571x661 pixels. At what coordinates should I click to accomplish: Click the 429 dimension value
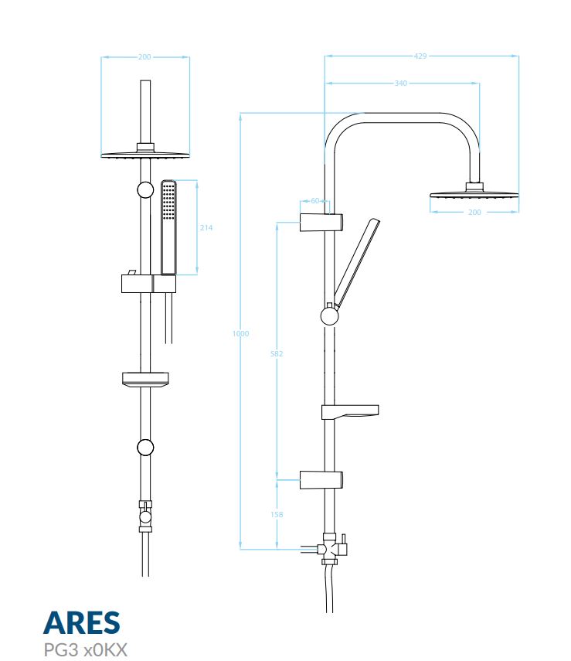(x=420, y=56)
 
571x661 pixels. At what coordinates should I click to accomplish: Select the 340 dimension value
(x=401, y=83)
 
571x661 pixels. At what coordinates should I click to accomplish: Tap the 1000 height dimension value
(x=240, y=333)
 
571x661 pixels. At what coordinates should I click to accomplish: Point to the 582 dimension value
(x=277, y=353)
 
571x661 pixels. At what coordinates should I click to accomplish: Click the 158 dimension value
(x=277, y=514)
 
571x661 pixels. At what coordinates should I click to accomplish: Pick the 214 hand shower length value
(x=206, y=227)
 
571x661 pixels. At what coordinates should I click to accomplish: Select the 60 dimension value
(x=314, y=201)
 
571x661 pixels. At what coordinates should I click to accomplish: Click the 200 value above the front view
(x=144, y=57)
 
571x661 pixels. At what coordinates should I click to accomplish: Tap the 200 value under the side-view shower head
(x=474, y=212)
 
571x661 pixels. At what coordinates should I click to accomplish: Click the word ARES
(x=82, y=622)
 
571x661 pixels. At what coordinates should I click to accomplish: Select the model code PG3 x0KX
(x=85, y=649)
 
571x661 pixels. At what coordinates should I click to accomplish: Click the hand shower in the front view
(x=168, y=227)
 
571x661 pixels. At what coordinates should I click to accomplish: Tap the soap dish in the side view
(x=350, y=412)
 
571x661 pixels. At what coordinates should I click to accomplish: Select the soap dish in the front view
(x=145, y=379)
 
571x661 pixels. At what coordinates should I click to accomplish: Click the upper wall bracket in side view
(x=321, y=223)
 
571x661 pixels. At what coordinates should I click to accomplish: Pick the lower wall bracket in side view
(x=321, y=480)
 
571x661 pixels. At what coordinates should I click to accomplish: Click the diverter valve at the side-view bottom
(x=331, y=549)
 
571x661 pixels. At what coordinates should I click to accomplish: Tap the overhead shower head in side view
(x=474, y=193)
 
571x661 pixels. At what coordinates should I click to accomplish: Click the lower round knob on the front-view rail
(x=145, y=448)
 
